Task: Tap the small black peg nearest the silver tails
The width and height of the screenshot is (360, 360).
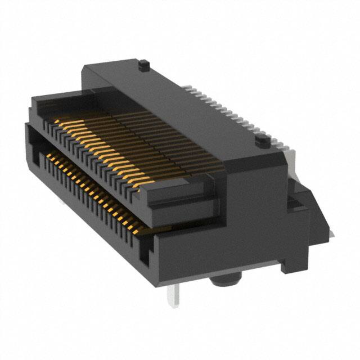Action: click(262, 140)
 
